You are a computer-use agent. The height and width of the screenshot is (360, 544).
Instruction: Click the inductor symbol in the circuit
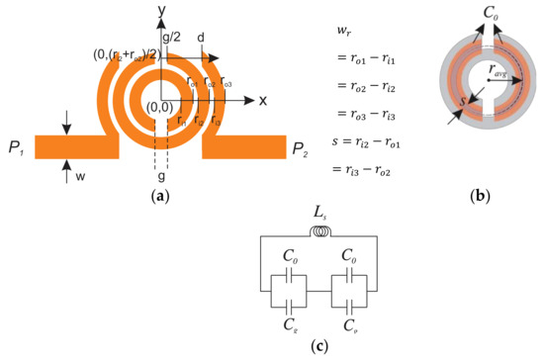click(317, 233)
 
